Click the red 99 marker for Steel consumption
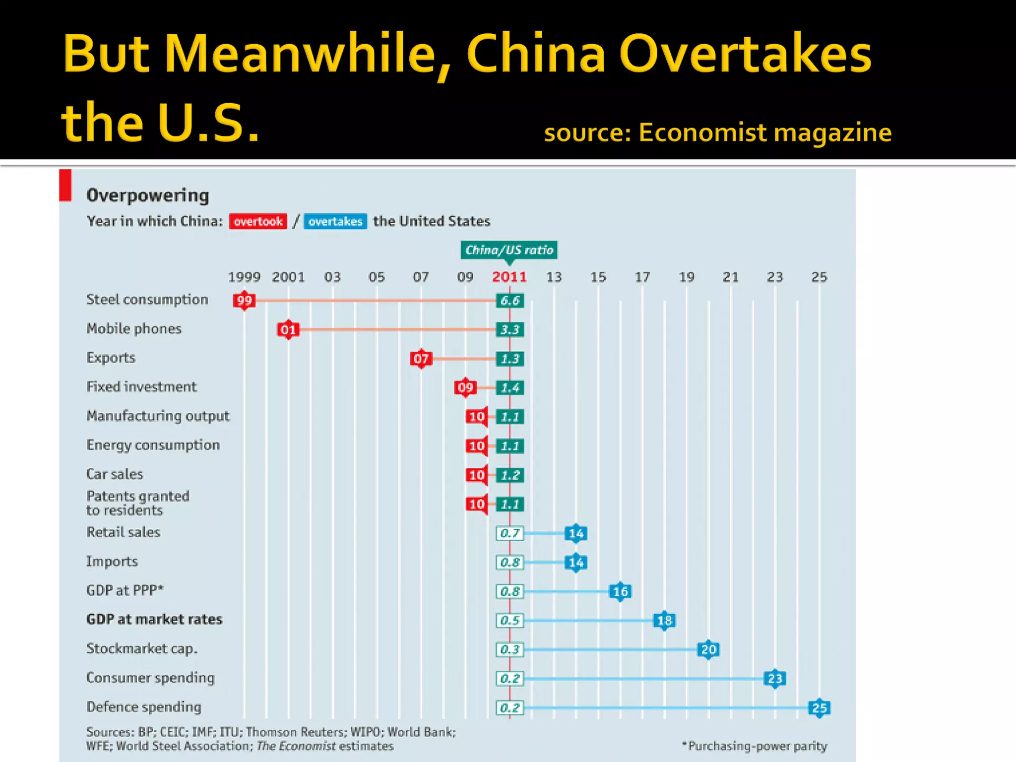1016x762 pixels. coord(244,300)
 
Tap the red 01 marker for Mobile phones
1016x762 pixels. coord(288,329)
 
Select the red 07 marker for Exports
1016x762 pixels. coord(421,358)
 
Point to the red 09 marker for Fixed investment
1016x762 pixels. coord(465,387)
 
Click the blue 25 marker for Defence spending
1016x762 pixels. coord(819,707)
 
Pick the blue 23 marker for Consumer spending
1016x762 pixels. coord(775,678)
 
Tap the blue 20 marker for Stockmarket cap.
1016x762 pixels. coord(708,649)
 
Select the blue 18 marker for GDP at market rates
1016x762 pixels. coord(664,620)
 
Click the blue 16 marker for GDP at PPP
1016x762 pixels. coord(620,591)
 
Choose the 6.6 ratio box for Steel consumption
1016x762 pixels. coord(509,300)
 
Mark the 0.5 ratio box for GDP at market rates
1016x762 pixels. coord(509,620)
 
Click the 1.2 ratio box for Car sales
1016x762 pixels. coord(509,475)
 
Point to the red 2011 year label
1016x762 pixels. coord(509,277)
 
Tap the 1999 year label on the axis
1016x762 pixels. coord(244,277)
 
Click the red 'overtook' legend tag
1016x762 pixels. coord(258,221)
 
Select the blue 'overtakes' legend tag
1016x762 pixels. coord(335,221)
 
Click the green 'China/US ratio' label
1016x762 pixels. coord(509,250)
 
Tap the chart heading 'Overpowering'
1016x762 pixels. coord(148,195)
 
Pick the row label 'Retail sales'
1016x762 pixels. coord(123,532)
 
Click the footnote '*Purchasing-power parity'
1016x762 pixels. coord(755,746)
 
